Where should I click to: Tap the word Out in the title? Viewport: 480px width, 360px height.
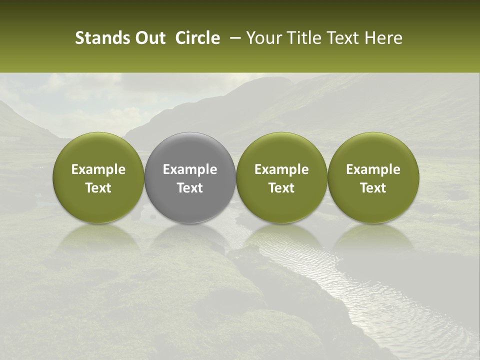tap(148, 38)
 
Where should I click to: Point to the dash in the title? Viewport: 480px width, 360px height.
tap(232, 38)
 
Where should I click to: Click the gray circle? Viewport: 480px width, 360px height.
tap(190, 178)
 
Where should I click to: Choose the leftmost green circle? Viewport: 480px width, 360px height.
tap(98, 178)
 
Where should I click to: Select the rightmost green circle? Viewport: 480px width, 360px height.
tap(373, 178)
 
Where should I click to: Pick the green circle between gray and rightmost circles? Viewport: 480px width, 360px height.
tap(281, 178)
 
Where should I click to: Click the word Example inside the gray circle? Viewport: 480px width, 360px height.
tap(190, 169)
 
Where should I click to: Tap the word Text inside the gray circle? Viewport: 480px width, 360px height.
tap(190, 188)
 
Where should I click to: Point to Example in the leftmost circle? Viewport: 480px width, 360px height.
tap(98, 169)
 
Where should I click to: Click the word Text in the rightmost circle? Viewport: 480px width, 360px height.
tap(373, 188)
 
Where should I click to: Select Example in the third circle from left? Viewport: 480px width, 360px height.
tap(281, 169)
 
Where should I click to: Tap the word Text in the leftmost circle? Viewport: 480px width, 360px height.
tap(98, 188)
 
